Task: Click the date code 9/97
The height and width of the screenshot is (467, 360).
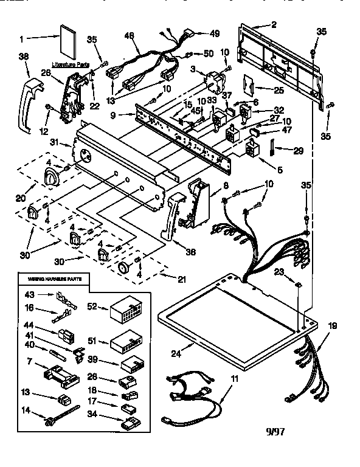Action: (275, 434)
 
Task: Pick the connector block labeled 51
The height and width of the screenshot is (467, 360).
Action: (125, 346)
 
